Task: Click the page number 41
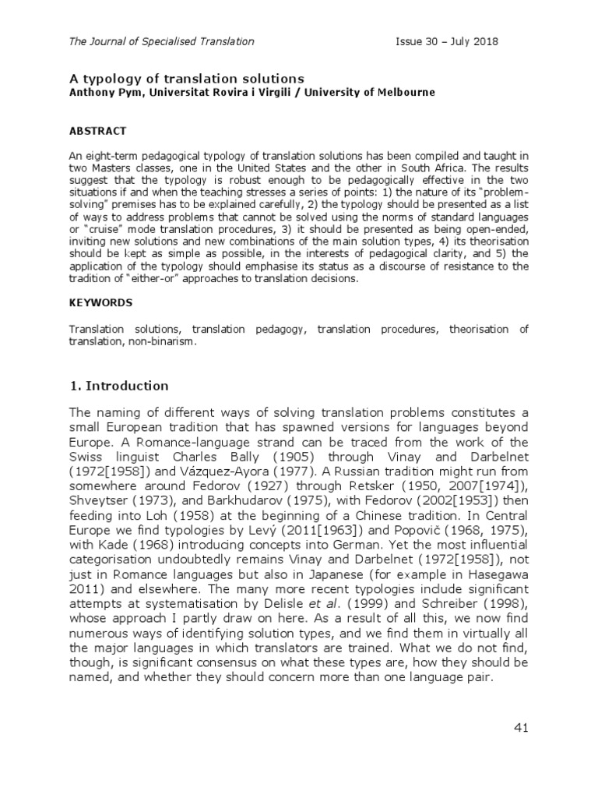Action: coord(521,728)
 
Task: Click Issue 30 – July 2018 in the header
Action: coord(447,41)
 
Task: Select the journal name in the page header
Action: coord(162,41)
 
